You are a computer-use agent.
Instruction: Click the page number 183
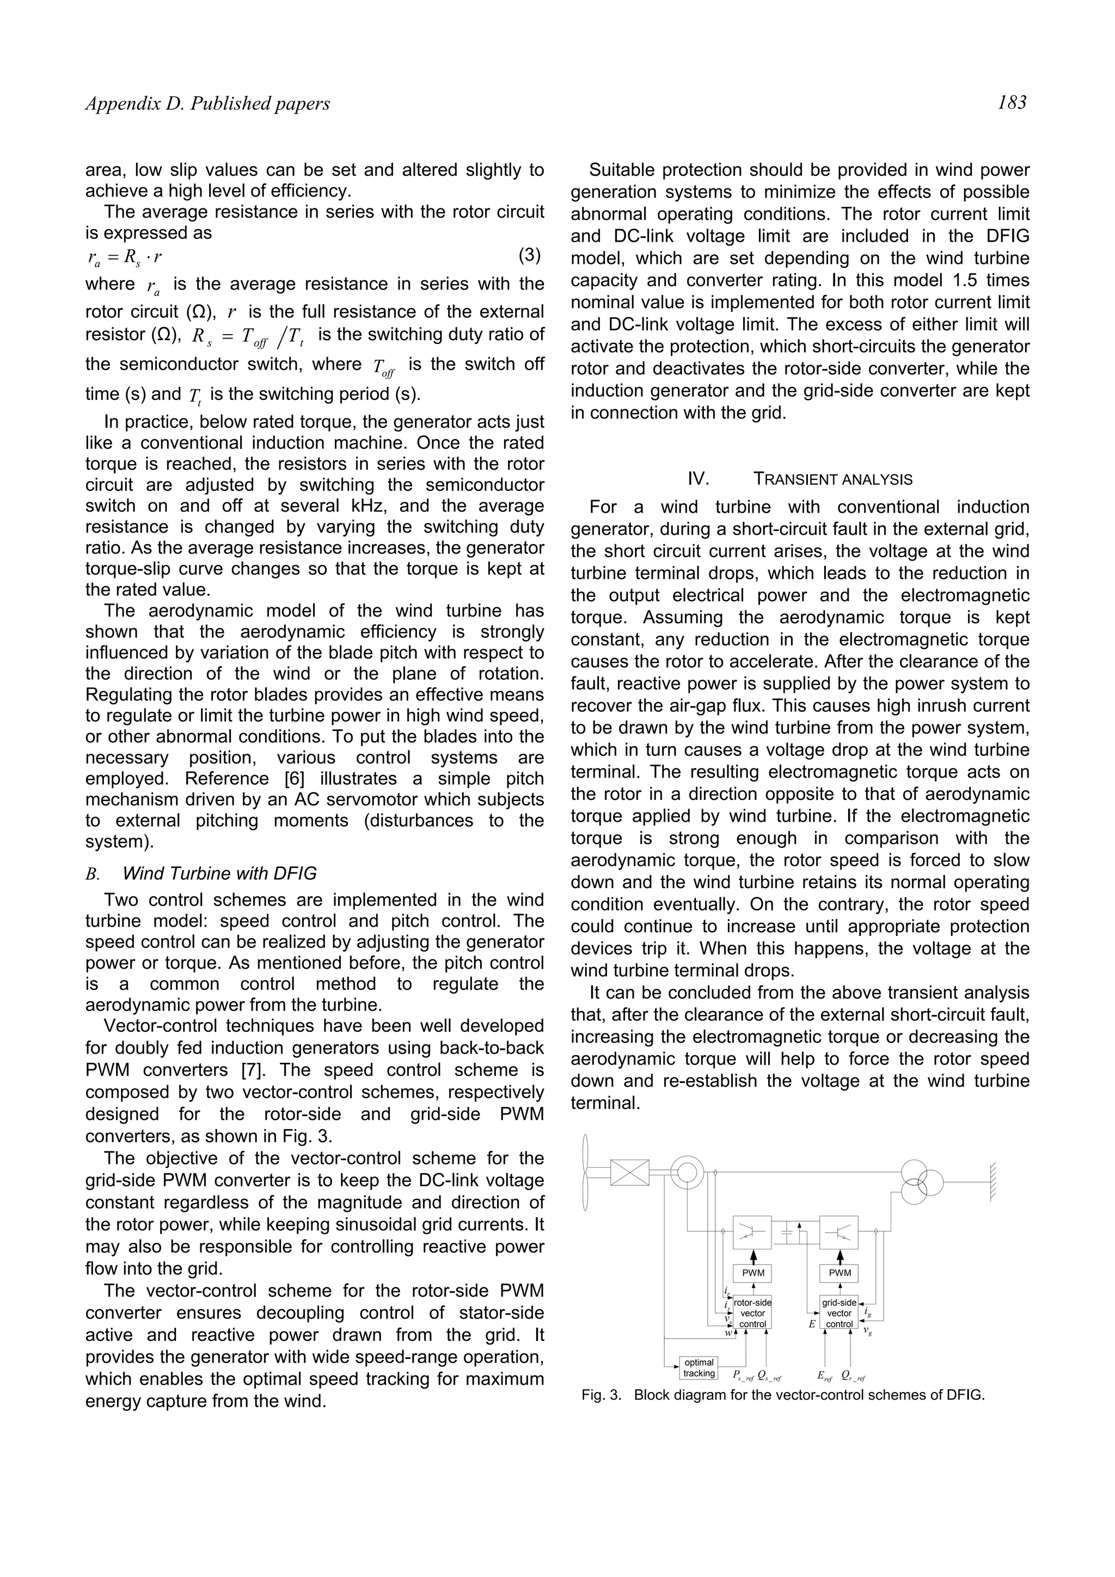pyautogui.click(x=1012, y=103)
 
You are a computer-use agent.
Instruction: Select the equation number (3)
pyautogui.click(x=529, y=256)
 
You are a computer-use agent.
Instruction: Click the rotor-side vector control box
pyautogui.click(x=752, y=1313)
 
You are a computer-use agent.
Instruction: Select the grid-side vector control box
pyautogui.click(x=839, y=1313)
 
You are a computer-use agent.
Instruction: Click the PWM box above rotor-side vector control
pyautogui.click(x=753, y=1273)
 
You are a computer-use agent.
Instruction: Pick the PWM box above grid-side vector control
pyautogui.click(x=840, y=1273)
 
